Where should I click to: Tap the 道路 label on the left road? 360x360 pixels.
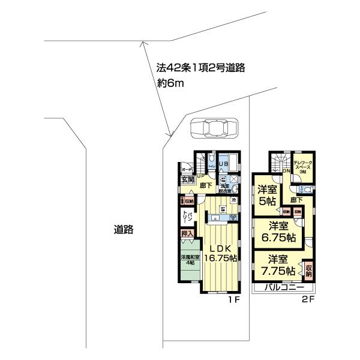pos(124,229)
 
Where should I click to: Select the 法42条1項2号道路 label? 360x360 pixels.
pos(196,68)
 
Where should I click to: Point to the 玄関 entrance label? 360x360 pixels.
pos(187,179)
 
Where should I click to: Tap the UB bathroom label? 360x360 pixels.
pos(223,164)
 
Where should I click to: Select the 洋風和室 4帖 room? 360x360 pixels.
pos(190,262)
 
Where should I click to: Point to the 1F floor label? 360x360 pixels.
pos(234,299)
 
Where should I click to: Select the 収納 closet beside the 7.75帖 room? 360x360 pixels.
pos(308,269)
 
